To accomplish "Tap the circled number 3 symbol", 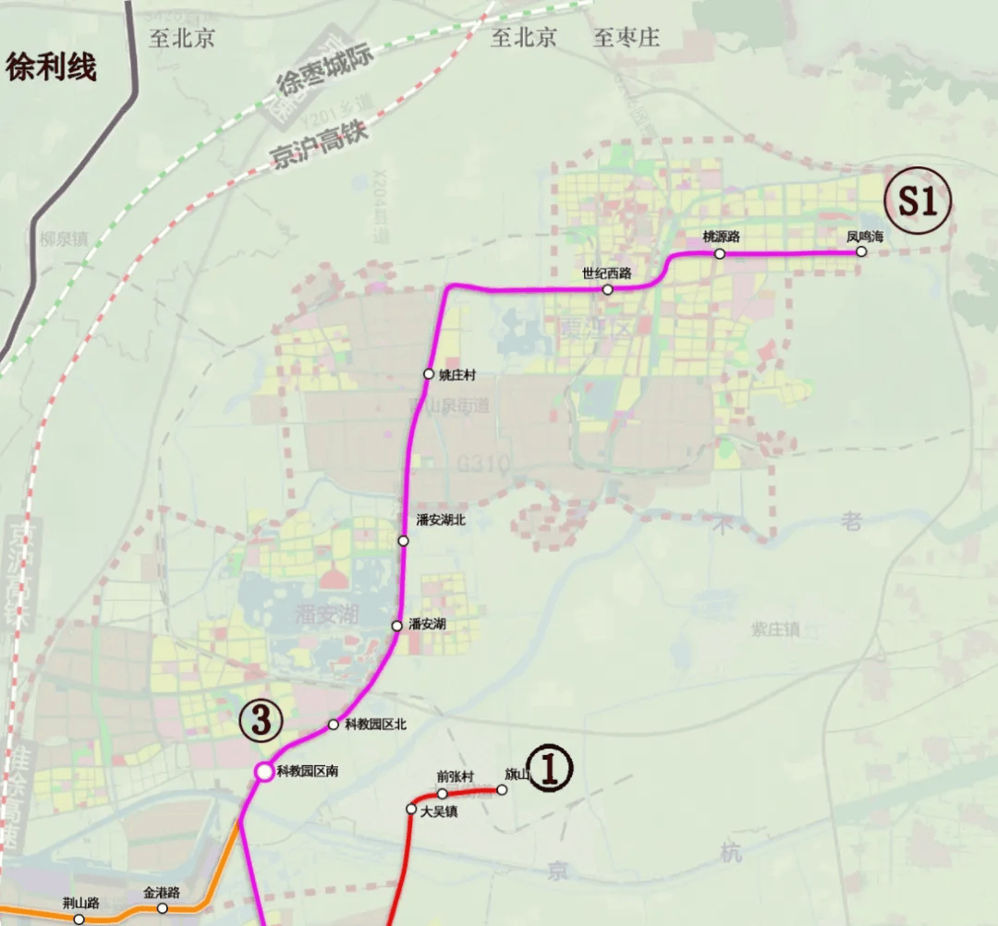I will click(x=260, y=719).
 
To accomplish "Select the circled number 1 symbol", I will click(x=551, y=767).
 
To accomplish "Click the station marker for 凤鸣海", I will click(x=861, y=251).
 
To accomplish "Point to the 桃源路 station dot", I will click(x=720, y=253).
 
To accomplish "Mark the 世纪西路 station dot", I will click(x=607, y=289).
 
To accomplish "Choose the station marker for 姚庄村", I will click(x=429, y=374).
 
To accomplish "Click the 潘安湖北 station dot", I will click(x=404, y=541).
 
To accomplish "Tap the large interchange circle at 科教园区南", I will click(x=264, y=771).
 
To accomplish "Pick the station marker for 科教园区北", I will click(x=334, y=725).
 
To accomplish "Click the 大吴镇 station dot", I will click(x=411, y=810).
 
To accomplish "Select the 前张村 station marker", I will click(x=443, y=794).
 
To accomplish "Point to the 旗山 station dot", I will click(x=503, y=790).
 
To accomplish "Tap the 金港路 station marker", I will click(x=163, y=908).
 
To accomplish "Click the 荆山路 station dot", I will click(x=79, y=919).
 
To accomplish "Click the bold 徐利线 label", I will click(x=52, y=67).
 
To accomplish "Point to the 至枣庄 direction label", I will click(x=627, y=38).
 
